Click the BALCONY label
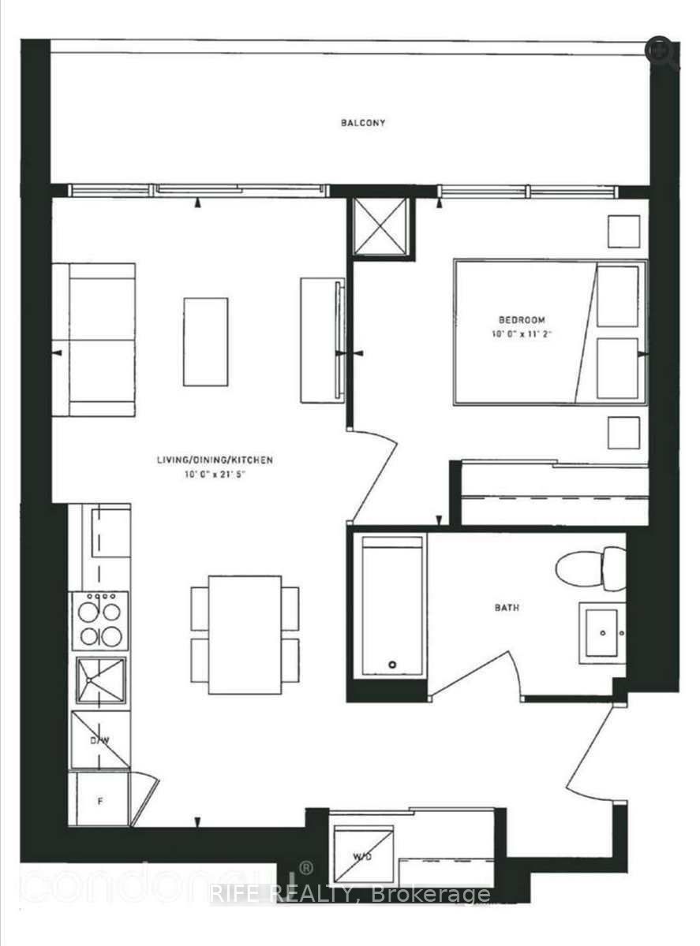tap(363, 123)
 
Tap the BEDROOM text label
tap(522, 319)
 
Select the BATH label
tap(507, 608)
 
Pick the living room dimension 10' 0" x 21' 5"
tap(214, 474)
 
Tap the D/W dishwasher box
tap(99, 739)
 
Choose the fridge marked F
tap(99, 799)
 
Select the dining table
tap(245, 635)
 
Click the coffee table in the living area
tap(206, 341)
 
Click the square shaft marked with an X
tap(381, 227)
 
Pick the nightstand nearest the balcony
tap(623, 231)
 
